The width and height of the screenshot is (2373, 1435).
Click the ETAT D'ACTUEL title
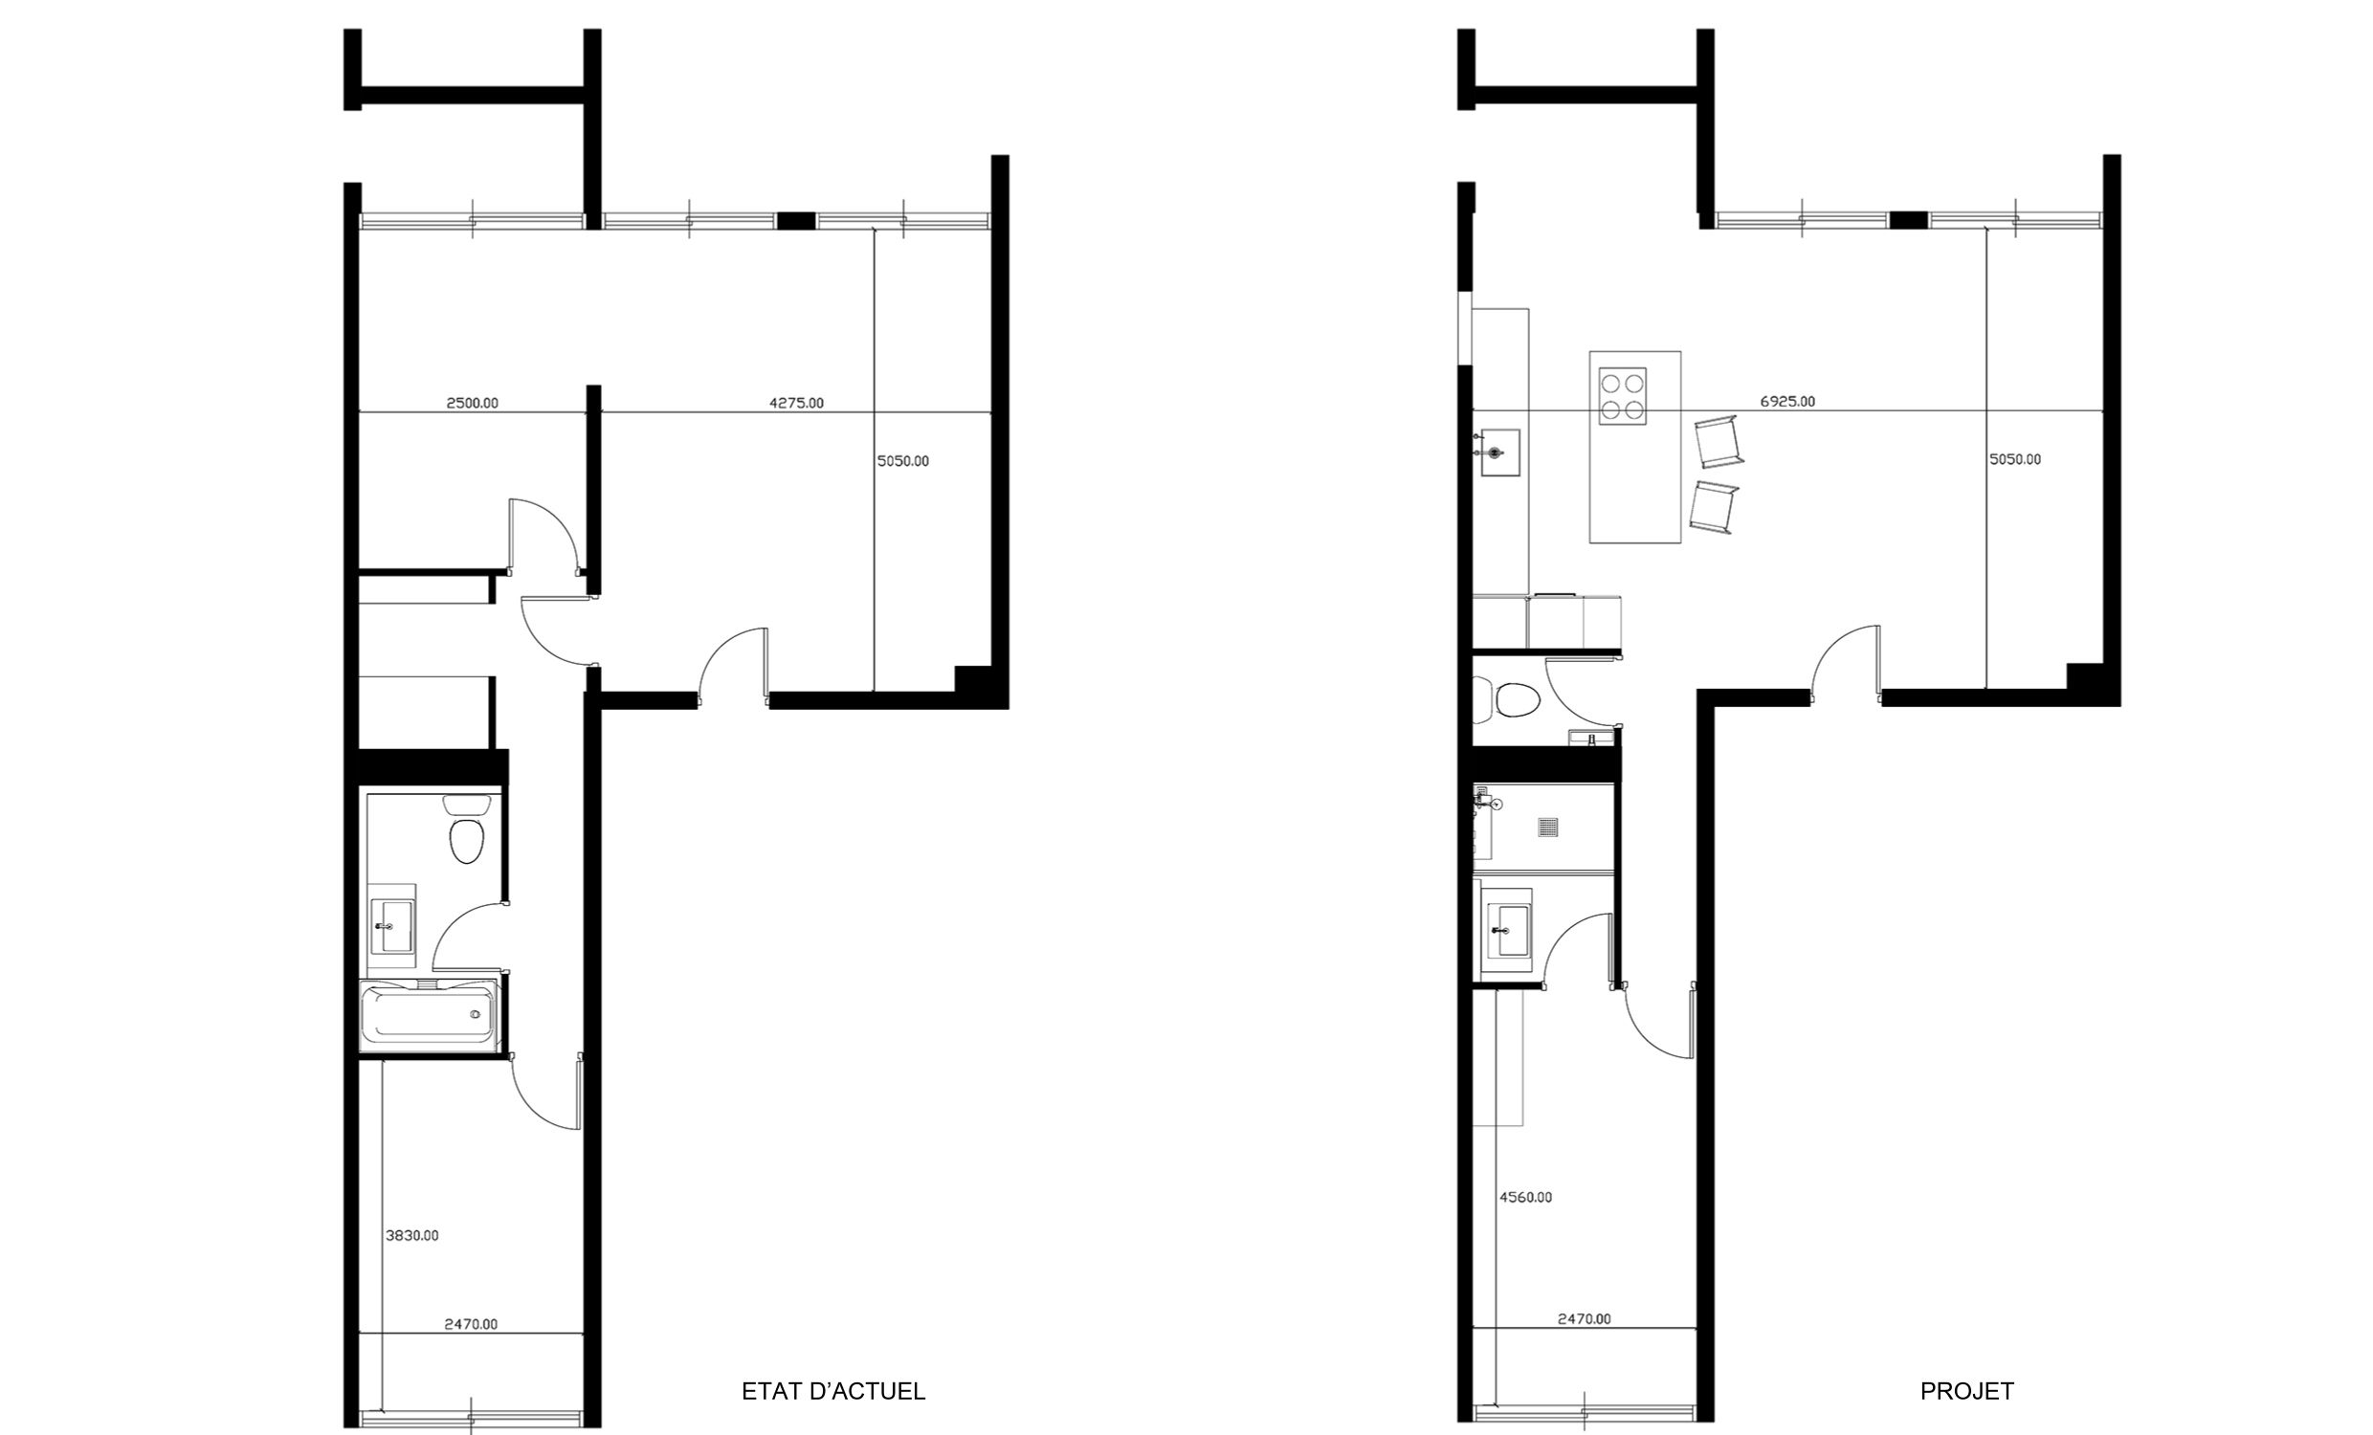pyautogui.click(x=833, y=1391)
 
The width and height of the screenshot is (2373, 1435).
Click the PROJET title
pyautogui.click(x=1966, y=1391)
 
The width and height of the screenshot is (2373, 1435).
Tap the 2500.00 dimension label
pyautogui.click(x=472, y=403)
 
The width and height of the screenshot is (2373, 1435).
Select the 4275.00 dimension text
pyautogui.click(x=796, y=403)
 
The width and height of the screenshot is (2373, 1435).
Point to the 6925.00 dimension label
pyautogui.click(x=1787, y=401)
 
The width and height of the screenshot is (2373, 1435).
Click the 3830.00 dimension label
pyautogui.click(x=412, y=1235)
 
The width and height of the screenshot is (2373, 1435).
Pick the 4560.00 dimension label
pyautogui.click(x=1525, y=1197)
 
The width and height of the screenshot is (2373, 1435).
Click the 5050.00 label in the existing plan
pyautogui.click(x=902, y=460)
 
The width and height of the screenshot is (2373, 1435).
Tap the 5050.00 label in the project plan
pyautogui.click(x=2015, y=458)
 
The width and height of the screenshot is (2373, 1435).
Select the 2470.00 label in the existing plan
pyautogui.click(x=471, y=1323)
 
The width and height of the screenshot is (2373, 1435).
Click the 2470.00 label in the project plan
pyautogui.click(x=1585, y=1318)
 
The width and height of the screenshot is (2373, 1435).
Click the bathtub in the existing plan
pyautogui.click(x=430, y=1016)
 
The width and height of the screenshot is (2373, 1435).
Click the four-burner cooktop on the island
pyautogui.click(x=1622, y=396)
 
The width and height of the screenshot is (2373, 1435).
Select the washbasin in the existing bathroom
pyautogui.click(x=393, y=927)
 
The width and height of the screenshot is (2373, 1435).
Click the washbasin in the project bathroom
pyautogui.click(x=1508, y=930)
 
